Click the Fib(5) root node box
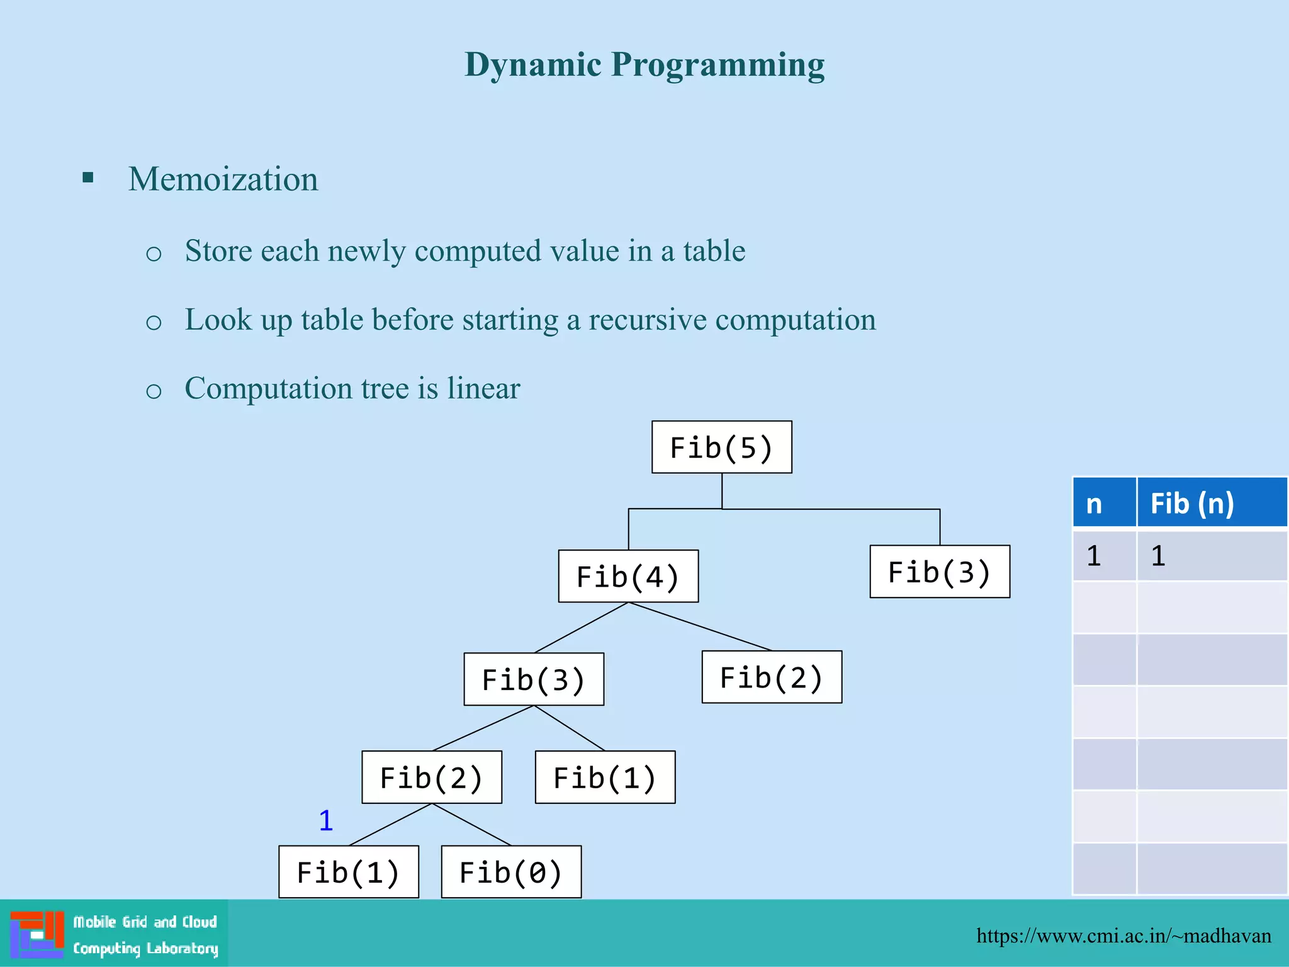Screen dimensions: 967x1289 pos(721,447)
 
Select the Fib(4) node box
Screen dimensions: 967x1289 pos(628,576)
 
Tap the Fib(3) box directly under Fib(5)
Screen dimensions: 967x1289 pos(939,572)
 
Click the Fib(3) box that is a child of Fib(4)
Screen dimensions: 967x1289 pos(534,679)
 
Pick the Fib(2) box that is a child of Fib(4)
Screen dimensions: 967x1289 pos(772,677)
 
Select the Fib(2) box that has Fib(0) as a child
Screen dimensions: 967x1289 pos(432,777)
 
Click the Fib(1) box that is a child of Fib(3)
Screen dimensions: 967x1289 pos(605,777)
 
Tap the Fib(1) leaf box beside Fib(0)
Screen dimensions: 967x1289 pos(349,872)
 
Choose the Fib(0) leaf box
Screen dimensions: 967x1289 pos(511,872)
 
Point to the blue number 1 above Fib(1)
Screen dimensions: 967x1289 pos(325,820)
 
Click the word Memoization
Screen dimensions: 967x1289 pos(223,179)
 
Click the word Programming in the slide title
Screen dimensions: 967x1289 pos(718,64)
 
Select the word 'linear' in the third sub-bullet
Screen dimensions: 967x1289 pos(483,388)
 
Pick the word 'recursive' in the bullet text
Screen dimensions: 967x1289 pos(648,320)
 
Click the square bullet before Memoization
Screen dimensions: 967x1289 pos(88,178)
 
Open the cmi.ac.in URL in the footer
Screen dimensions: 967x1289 pos(1123,936)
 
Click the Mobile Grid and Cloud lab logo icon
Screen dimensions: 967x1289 pos(37,934)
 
